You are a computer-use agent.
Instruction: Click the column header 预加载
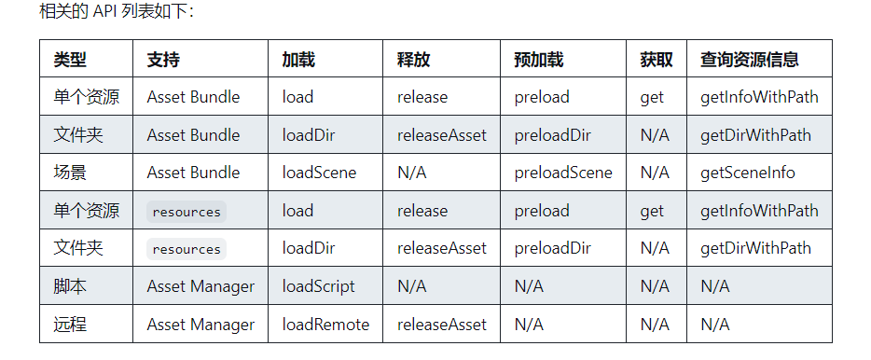538,60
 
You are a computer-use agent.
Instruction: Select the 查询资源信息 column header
749,60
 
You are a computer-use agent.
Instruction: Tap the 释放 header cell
413,60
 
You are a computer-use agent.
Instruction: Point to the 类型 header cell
70,60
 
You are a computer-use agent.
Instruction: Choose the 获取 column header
657,60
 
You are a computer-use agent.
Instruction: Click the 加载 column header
298,60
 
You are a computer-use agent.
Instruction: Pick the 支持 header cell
163,60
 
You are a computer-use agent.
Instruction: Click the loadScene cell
319,173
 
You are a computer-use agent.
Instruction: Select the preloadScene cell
563,173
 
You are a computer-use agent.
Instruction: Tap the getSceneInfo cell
748,173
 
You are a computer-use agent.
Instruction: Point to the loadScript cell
318,286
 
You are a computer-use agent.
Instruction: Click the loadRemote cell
325,325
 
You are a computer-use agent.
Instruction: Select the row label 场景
70,173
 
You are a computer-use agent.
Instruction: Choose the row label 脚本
70,286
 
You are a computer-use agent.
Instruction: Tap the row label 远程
70,325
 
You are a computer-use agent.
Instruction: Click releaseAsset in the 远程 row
442,325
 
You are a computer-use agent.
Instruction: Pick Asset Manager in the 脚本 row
200,286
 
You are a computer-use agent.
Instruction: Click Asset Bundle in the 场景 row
193,173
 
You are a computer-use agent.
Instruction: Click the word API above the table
106,12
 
